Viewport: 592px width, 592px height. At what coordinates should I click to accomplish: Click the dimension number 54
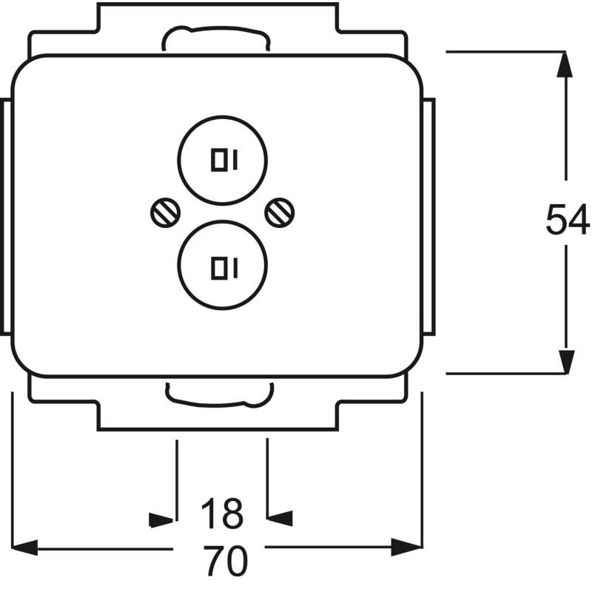click(x=568, y=219)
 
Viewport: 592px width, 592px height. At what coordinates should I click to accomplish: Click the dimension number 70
click(x=226, y=561)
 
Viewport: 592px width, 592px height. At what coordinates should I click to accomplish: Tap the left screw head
click(x=165, y=213)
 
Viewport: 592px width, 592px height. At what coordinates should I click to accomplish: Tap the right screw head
click(x=280, y=213)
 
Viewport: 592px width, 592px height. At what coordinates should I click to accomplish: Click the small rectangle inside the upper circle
click(x=219, y=160)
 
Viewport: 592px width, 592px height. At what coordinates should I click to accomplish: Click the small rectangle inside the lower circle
click(x=219, y=269)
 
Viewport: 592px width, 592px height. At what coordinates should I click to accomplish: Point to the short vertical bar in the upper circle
click(x=235, y=160)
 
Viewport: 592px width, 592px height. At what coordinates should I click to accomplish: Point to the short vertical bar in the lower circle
click(x=235, y=269)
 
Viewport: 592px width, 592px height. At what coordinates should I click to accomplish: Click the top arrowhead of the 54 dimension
click(x=565, y=64)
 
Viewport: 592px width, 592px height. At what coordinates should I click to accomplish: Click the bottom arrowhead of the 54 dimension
click(x=566, y=362)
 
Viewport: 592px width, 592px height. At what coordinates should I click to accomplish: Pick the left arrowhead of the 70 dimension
click(x=25, y=548)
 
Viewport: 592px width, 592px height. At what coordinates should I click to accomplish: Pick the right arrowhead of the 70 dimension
click(x=406, y=547)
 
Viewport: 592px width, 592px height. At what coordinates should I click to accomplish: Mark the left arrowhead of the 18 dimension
click(x=161, y=520)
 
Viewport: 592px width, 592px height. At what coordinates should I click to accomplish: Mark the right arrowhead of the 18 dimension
click(x=280, y=518)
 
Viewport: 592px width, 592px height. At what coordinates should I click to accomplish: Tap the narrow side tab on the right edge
click(x=429, y=216)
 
